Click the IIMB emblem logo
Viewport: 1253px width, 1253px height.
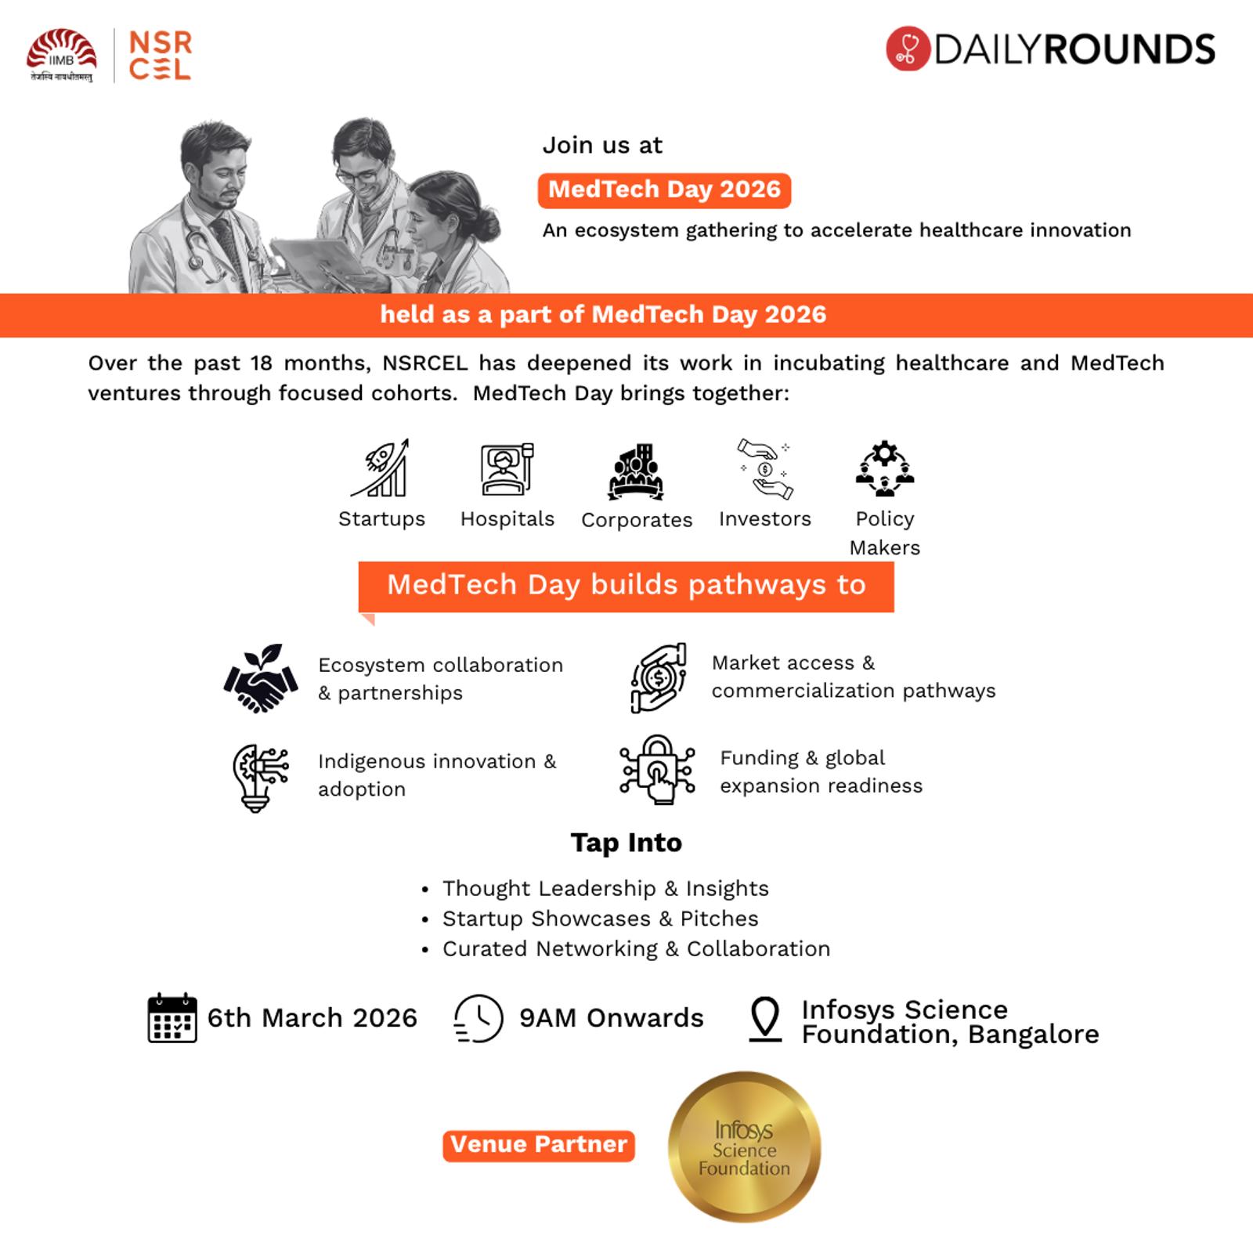(61, 53)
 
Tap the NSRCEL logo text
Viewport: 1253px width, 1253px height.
(160, 55)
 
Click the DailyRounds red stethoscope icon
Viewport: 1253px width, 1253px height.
(908, 49)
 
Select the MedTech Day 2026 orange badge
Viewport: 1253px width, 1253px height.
(664, 190)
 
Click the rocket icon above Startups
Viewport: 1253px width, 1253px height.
(381, 468)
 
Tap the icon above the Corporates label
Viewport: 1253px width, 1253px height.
(636, 471)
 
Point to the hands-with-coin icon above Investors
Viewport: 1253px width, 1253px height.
(765, 468)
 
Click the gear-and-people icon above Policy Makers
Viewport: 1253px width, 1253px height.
(884, 468)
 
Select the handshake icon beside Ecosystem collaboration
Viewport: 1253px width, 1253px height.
(261, 678)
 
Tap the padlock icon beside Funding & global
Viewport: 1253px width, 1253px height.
(657, 770)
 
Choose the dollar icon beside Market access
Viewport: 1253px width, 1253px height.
(659, 677)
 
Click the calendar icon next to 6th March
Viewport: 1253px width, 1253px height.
(172, 1017)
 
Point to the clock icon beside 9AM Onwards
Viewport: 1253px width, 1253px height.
(478, 1018)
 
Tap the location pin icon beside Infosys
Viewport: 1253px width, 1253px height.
(765, 1018)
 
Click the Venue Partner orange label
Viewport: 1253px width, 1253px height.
(539, 1145)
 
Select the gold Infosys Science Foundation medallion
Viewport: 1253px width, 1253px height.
(744, 1147)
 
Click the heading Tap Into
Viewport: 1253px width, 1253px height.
(626, 843)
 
